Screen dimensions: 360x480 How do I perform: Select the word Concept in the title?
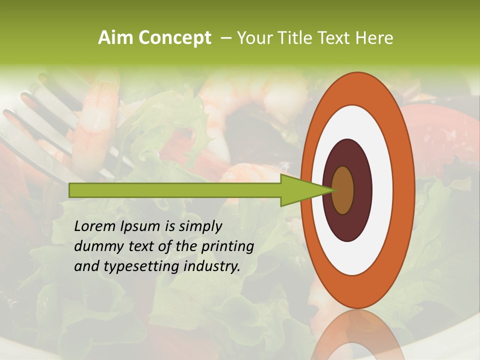point(175,38)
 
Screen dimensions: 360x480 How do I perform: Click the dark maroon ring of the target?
point(362,190)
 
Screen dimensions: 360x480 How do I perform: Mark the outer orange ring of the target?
point(406,190)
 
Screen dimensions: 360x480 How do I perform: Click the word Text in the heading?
point(334,38)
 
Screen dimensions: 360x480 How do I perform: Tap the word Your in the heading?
point(253,38)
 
